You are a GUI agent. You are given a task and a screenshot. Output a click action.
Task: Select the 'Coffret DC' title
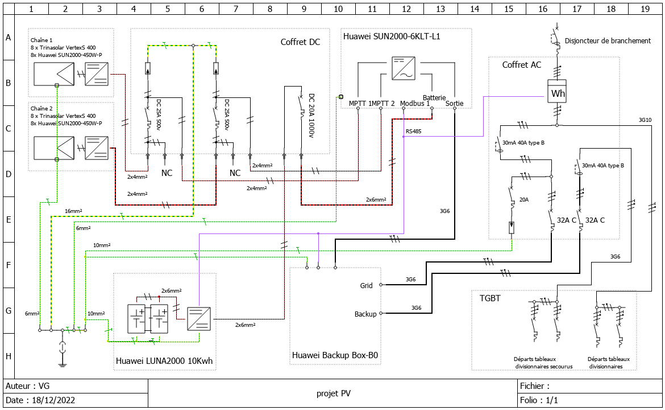[300, 42]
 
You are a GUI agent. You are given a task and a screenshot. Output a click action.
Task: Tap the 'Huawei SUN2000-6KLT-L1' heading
[392, 36]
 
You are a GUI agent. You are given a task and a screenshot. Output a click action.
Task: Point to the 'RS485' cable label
[413, 132]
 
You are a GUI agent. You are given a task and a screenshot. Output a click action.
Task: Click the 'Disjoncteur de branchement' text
[608, 41]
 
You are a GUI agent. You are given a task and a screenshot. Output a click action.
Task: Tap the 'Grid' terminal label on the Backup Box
[366, 285]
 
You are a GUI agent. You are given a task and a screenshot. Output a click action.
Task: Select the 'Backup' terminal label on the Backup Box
[365, 314]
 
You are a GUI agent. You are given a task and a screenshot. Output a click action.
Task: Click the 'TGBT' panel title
[490, 298]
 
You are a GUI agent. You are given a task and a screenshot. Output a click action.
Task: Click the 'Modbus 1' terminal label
[414, 104]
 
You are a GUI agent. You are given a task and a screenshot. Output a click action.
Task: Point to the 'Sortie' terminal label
[455, 104]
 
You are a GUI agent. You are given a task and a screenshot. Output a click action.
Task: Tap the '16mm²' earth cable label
[73, 211]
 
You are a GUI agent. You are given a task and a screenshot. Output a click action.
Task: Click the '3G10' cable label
[645, 120]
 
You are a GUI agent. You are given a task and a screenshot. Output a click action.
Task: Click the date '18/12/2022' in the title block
[49, 400]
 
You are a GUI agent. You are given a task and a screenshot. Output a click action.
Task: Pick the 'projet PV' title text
[333, 393]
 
